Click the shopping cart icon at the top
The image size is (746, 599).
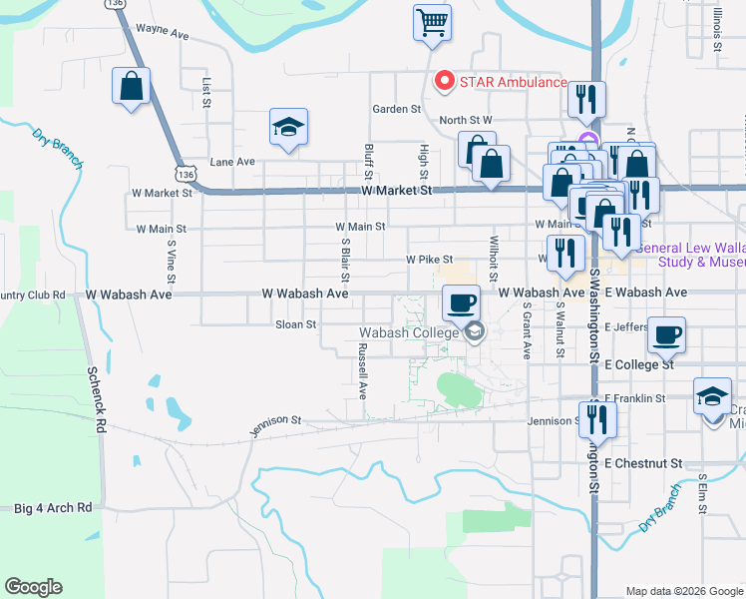pos(433,22)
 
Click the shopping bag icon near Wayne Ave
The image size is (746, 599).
pos(131,86)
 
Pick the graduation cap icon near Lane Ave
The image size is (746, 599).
pos(288,128)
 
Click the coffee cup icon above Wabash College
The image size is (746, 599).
pos(461,302)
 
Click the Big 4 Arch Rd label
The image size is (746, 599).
pos(53,507)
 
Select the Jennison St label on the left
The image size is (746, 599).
pos(275,426)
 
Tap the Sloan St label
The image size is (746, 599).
pos(295,324)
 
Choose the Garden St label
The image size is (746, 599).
pos(396,109)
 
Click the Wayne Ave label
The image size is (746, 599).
pos(163,33)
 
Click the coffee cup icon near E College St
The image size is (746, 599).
pos(666,334)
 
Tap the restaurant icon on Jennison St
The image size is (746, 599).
pos(597,418)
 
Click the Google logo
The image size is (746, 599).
pos(33,587)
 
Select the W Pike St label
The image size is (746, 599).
pos(429,260)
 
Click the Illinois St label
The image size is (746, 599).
pos(717,27)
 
